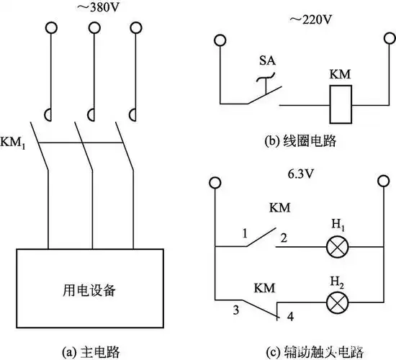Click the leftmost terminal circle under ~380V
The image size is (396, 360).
click(x=50, y=29)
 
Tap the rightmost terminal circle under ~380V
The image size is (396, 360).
click(x=135, y=29)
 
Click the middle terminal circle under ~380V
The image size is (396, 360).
click(x=92, y=29)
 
